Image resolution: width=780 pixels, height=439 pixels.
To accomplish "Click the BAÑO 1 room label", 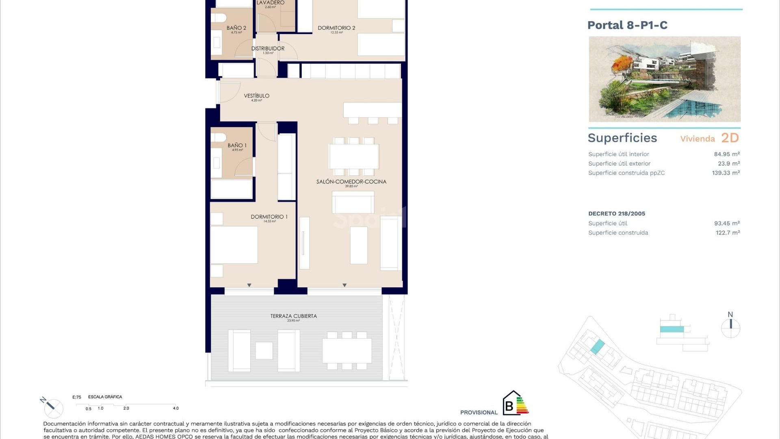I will [237, 146].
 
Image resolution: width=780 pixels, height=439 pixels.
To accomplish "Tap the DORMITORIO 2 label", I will [336, 28].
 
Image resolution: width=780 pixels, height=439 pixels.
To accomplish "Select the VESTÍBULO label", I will [256, 96].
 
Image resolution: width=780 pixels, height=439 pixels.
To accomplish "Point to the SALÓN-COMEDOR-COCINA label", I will [351, 182].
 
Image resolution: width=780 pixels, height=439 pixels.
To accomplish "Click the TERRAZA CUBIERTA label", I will [293, 316].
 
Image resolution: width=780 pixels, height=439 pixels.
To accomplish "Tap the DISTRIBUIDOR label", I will [268, 48].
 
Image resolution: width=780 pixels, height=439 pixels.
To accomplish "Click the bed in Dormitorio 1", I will [234, 245].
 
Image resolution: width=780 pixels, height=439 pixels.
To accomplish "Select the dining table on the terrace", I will [347, 350].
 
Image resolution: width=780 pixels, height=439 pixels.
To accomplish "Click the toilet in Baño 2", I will [219, 18].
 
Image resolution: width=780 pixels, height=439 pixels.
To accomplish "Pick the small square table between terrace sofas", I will [264, 350].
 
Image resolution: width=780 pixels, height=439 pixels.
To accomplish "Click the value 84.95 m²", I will [726, 154].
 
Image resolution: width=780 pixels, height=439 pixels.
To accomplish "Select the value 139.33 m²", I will [726, 173].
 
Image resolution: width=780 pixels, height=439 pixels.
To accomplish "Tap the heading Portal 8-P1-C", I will [627, 25].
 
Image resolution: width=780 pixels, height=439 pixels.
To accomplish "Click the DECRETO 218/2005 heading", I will [616, 213].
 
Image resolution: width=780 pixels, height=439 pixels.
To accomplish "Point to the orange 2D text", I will [730, 138].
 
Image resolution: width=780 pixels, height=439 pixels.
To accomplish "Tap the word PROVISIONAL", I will [479, 412].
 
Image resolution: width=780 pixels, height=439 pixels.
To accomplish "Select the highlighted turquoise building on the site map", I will [597, 347].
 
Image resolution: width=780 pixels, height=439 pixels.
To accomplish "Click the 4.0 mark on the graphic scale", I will [175, 408].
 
